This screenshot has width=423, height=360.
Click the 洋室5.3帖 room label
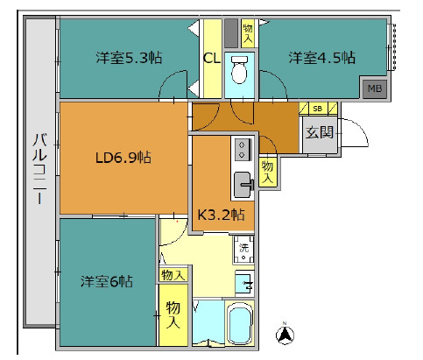(x=129, y=58)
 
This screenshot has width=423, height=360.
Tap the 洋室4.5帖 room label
(x=322, y=58)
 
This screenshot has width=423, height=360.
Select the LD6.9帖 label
(x=123, y=158)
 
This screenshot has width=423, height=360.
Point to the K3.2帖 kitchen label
(x=221, y=215)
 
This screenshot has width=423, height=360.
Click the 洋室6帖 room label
(x=107, y=281)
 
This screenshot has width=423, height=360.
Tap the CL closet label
(x=212, y=59)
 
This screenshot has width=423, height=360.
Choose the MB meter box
(x=375, y=88)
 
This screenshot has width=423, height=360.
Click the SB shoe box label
(x=318, y=109)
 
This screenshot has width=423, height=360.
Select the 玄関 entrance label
(x=320, y=133)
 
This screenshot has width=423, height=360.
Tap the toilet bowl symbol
(x=239, y=70)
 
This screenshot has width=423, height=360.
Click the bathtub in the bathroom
(x=240, y=322)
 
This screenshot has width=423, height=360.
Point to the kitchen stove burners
(x=242, y=150)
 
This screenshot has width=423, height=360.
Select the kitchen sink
(x=243, y=185)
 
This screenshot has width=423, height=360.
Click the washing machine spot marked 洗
(x=243, y=249)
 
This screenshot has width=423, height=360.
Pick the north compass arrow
(x=285, y=335)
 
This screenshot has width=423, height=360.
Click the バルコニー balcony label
(x=39, y=168)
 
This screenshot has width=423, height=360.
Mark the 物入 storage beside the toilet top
(x=248, y=33)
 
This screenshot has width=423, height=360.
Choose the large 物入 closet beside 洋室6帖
(x=173, y=314)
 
